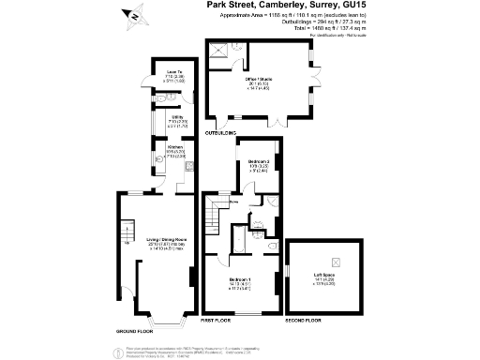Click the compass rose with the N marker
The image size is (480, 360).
click(136, 14)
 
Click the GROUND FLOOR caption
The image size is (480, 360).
click(133, 332)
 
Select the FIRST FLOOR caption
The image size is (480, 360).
click(217, 321)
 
